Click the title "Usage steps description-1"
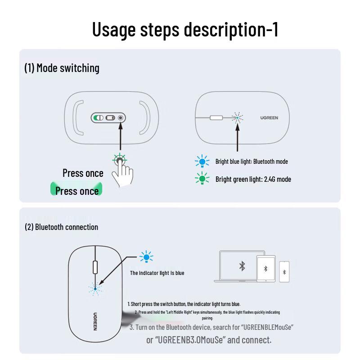[185, 29]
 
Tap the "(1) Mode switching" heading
[62, 68]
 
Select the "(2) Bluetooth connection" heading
[61, 227]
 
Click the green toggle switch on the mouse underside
[98, 118]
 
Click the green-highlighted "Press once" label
[77, 191]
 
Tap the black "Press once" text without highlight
[83, 173]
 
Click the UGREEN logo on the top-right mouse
[269, 118]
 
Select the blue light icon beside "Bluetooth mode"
[202, 162]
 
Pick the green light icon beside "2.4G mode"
[202, 179]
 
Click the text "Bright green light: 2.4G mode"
[253, 179]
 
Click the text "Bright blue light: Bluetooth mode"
[252, 162]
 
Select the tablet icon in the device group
[265, 269]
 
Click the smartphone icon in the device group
[284, 272]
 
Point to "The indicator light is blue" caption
[157, 273]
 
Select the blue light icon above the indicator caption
[146, 257]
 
